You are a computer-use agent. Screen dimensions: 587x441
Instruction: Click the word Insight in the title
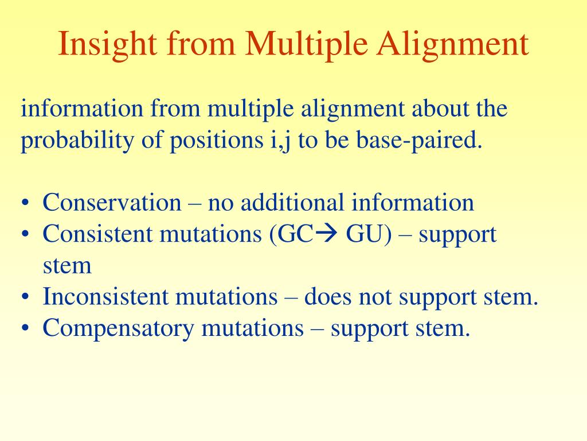107,45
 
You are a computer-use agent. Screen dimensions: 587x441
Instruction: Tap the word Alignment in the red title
452,45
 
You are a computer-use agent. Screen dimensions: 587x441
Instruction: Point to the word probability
77,141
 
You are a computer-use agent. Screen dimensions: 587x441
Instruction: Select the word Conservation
112,203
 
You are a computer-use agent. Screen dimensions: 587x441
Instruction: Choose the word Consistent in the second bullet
97,234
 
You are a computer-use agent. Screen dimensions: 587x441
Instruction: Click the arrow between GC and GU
326,234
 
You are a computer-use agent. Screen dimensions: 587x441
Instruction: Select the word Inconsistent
105,297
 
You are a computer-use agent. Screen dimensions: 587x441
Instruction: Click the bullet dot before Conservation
25,203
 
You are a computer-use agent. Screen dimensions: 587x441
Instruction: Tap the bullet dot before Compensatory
25,328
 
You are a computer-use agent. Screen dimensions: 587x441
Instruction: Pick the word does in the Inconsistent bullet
327,297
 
